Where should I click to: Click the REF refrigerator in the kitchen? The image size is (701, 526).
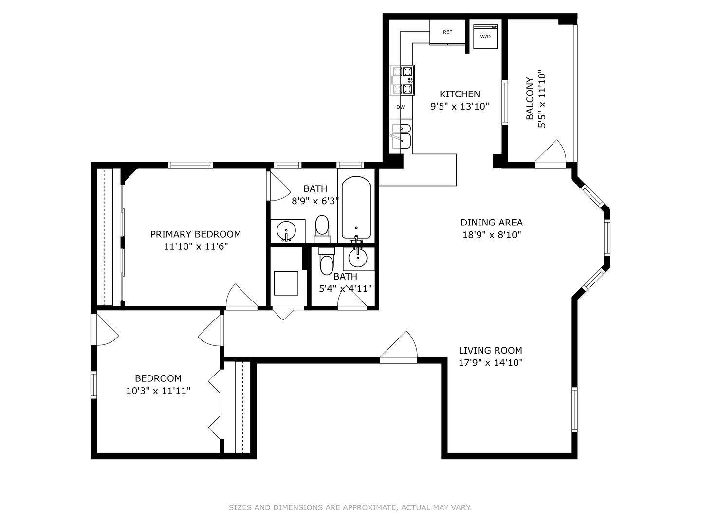click(447, 32)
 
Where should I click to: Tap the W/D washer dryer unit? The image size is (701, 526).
click(485, 37)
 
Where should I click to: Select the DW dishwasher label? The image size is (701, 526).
click(400, 107)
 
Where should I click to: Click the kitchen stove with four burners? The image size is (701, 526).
click(402, 80)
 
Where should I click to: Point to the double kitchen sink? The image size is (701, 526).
click(401, 136)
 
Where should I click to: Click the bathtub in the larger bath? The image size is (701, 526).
click(356, 207)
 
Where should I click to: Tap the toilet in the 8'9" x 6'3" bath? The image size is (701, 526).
click(322, 229)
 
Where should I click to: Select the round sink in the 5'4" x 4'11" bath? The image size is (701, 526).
click(357, 258)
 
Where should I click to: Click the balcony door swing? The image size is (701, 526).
click(550, 154)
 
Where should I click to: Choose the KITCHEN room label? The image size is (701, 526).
click(460, 94)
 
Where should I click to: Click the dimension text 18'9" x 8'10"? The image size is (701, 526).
click(492, 235)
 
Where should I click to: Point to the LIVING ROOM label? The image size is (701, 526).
click(491, 350)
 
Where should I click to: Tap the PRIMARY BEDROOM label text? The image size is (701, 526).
click(195, 234)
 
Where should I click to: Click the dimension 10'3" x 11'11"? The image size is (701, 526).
click(158, 391)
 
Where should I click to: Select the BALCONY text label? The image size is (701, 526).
click(530, 99)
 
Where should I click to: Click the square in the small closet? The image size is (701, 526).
click(286, 283)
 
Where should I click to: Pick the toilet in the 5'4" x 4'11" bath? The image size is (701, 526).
click(326, 261)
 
